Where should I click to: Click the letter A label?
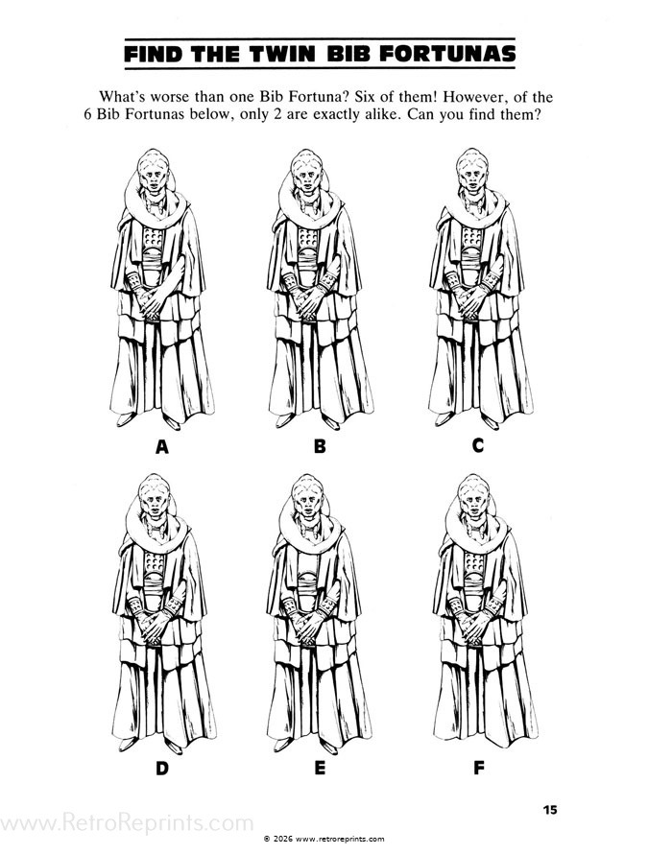click(161, 445)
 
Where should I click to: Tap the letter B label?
click(320, 445)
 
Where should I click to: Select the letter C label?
click(478, 445)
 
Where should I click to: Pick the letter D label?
click(161, 768)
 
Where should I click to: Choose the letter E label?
click(320, 768)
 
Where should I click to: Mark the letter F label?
click(478, 768)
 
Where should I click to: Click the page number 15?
click(549, 809)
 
